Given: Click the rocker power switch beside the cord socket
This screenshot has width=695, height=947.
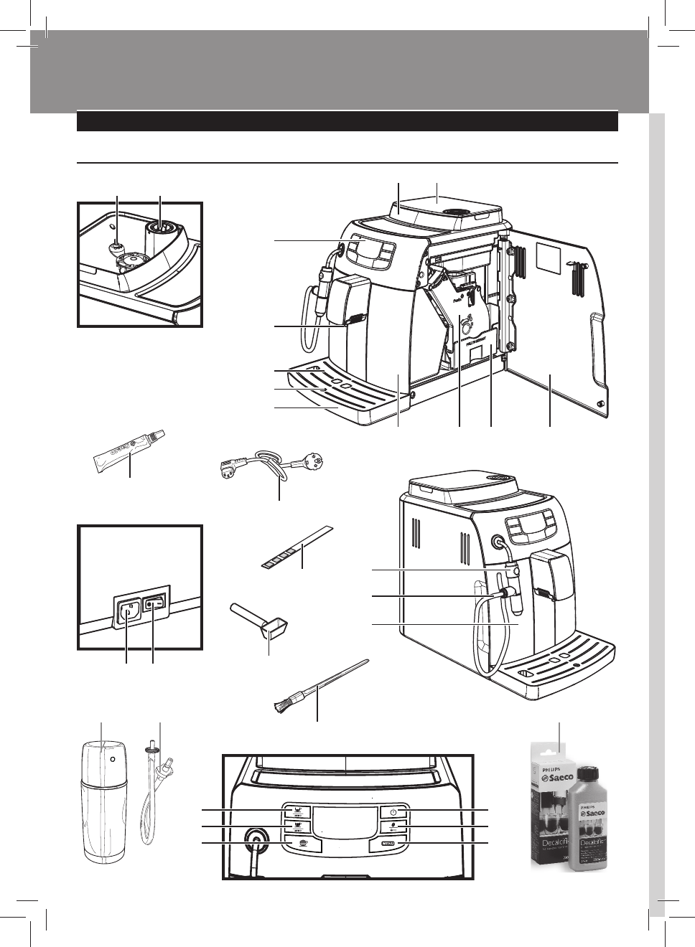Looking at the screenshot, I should (154, 605).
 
